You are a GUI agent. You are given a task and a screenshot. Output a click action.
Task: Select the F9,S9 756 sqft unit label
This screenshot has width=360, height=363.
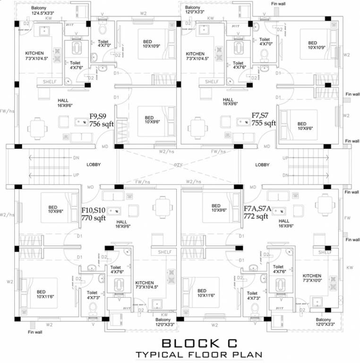coord(100,119)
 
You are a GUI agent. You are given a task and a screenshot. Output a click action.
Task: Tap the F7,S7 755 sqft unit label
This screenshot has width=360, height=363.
coord(263,119)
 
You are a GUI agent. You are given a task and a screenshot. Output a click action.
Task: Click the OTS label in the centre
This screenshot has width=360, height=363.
coord(179,164)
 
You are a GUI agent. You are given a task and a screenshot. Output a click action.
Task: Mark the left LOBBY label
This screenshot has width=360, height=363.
coord(94,165)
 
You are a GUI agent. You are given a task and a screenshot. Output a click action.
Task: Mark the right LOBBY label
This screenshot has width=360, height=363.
coord(262,165)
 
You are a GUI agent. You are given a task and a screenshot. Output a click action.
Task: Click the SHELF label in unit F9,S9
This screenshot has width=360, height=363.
coord(50,82)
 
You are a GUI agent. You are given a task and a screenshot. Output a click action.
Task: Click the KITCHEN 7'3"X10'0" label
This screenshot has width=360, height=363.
coord(312,278)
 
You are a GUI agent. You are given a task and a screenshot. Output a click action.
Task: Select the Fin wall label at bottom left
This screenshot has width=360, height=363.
coord(35,332)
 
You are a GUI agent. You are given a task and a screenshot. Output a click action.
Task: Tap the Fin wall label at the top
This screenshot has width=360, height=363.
coord(279,4)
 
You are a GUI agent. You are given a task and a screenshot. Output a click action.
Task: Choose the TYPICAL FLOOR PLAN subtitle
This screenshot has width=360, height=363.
coord(198,354)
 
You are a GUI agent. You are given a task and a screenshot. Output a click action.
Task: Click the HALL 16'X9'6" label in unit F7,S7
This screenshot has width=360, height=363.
coord(228,102)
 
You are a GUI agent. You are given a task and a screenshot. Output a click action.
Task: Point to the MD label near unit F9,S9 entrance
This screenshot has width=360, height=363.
coord(104,147)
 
